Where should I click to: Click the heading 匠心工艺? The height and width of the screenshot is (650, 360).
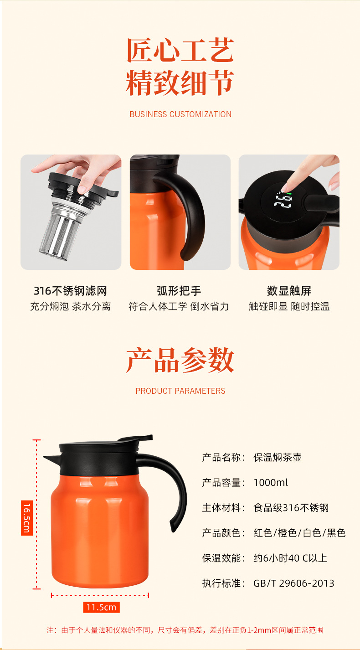180,50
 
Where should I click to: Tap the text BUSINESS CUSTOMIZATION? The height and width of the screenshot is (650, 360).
180,114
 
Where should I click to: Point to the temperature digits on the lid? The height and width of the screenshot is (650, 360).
283,201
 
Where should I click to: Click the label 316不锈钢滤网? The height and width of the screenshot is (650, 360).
70,291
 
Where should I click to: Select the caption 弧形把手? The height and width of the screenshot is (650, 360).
179,291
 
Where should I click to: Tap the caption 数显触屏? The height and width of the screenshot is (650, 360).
289,291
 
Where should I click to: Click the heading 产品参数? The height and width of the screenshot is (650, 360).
180,360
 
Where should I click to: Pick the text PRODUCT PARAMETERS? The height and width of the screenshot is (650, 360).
180,391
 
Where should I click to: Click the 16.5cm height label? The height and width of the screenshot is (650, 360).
27,518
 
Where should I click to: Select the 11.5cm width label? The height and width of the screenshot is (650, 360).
101,607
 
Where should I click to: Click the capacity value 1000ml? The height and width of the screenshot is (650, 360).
271,483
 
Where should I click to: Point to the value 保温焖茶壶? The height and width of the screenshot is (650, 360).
278,457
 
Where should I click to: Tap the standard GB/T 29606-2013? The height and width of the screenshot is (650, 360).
294,583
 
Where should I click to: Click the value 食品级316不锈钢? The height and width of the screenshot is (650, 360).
291,508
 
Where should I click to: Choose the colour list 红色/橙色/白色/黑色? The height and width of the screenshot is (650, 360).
299,533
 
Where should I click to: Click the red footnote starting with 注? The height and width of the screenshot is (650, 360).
185,630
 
